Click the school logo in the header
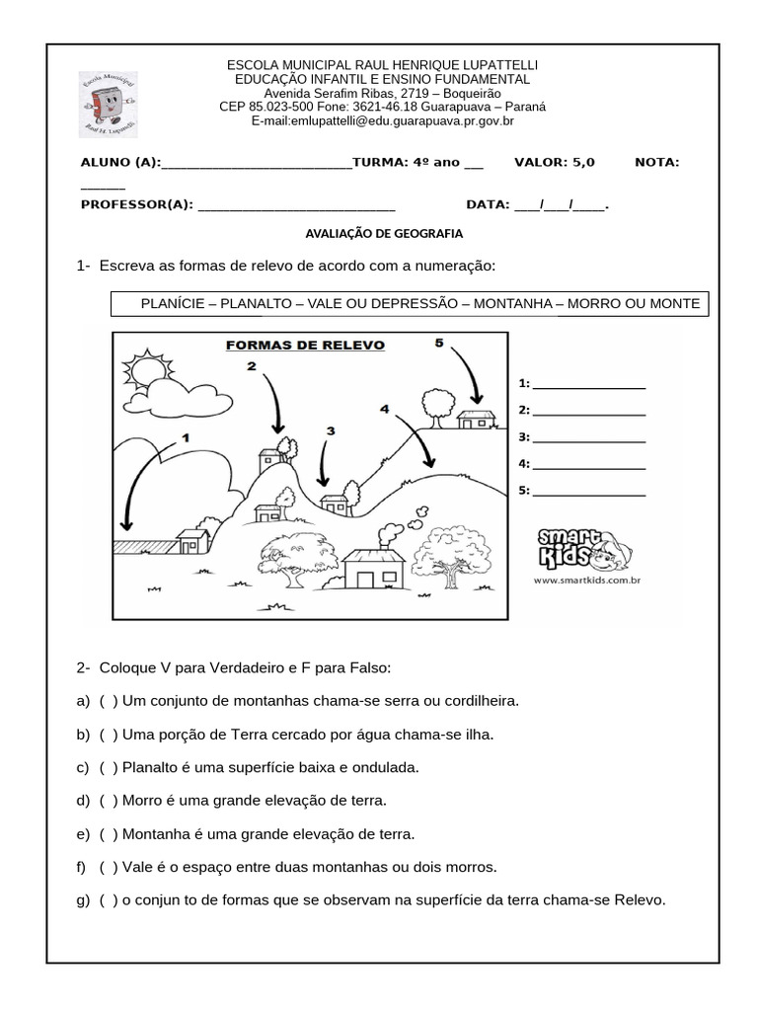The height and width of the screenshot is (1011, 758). point(109,106)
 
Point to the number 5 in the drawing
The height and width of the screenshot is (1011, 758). point(439,343)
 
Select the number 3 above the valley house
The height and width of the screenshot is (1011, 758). point(330,430)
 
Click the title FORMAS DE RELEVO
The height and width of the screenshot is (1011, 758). point(305,346)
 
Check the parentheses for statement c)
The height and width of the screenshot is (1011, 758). point(109,766)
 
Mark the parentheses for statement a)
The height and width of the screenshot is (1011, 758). point(109,700)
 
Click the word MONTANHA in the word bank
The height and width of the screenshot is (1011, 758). point(513,303)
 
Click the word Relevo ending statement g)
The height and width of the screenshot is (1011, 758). point(641,899)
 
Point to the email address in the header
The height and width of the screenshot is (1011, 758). point(383,121)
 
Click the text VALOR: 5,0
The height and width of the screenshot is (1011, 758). point(555,162)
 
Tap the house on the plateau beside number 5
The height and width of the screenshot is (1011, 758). point(478,419)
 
